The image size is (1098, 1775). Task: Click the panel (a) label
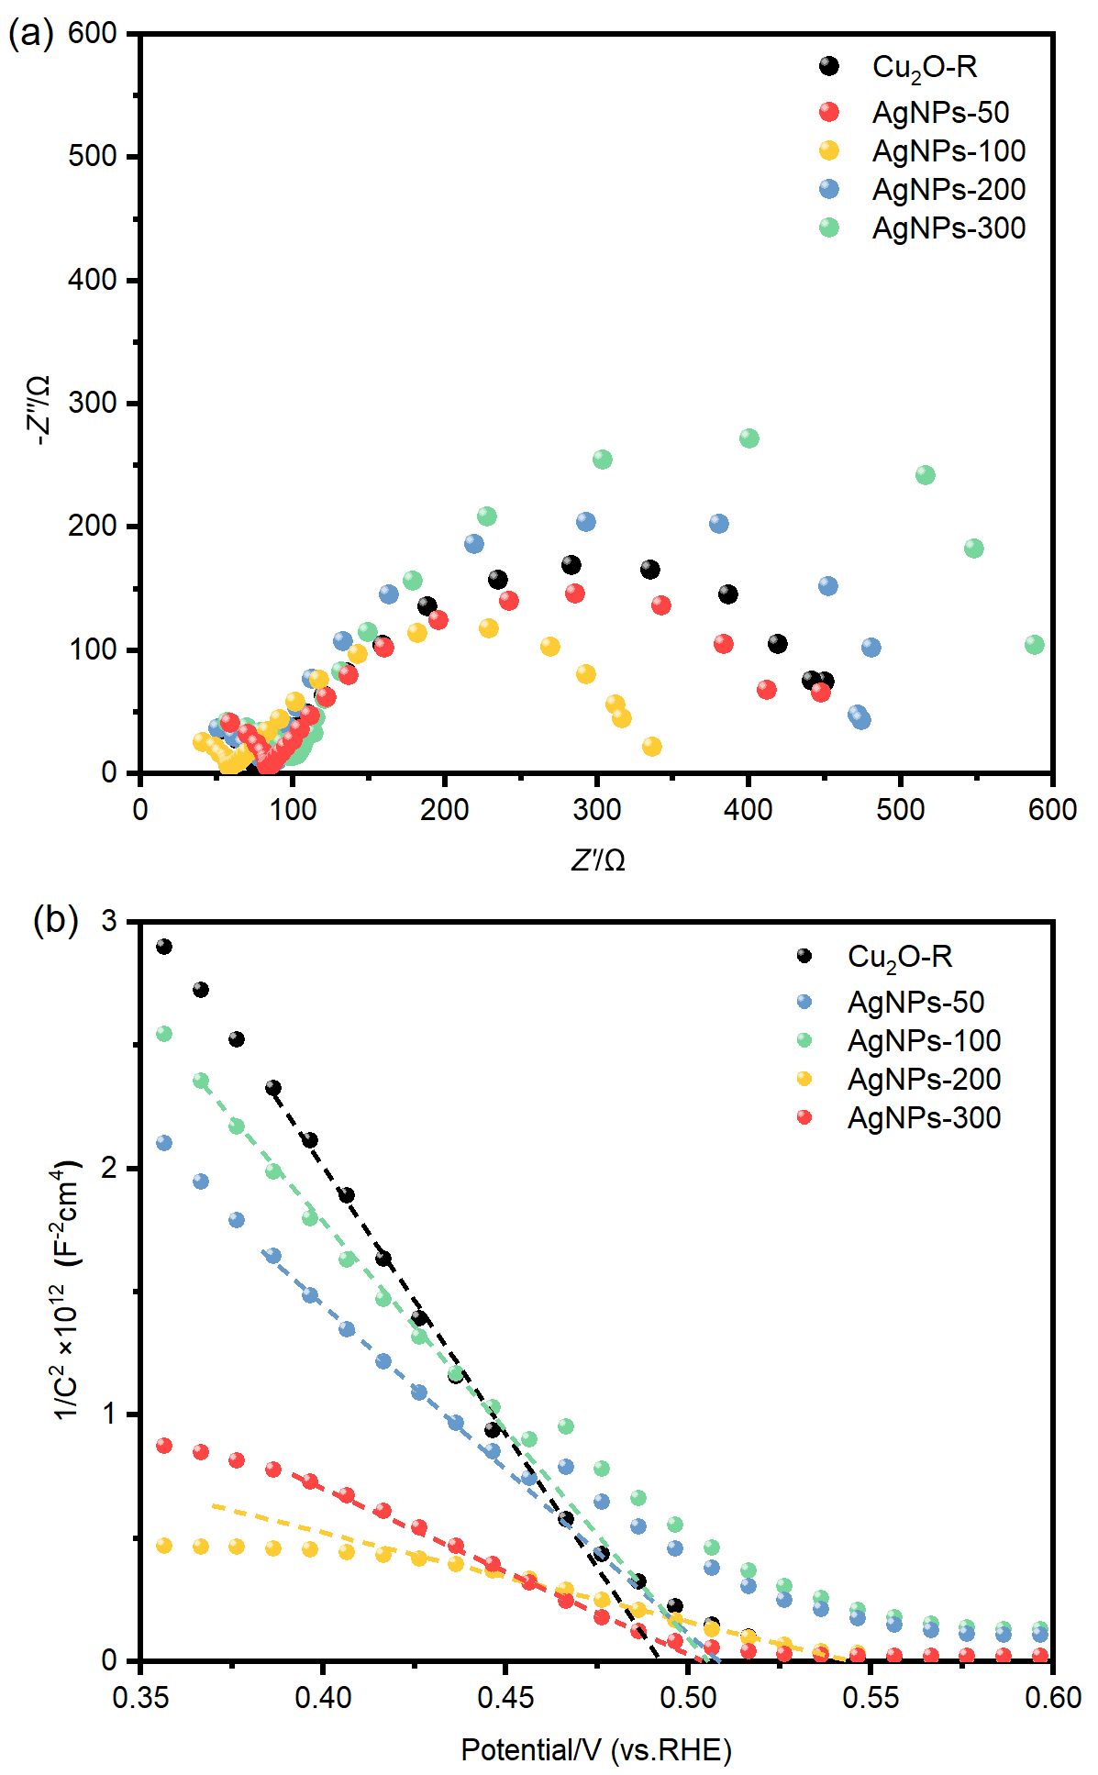pyautogui.click(x=30, y=35)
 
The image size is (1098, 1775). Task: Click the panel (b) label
pyautogui.click(x=55, y=919)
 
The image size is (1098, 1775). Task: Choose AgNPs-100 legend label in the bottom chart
pyautogui.click(x=924, y=1040)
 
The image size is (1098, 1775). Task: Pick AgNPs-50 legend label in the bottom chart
pyautogui.click(x=915, y=1002)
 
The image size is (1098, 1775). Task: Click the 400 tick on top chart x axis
pyautogui.click(x=749, y=809)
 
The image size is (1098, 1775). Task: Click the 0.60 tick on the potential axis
pyautogui.click(x=1052, y=1697)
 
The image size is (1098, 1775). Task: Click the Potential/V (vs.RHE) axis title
pyautogui.click(x=596, y=1750)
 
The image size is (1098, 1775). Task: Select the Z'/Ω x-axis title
pyautogui.click(x=598, y=860)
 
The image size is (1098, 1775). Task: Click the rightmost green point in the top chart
pyautogui.click(x=1035, y=645)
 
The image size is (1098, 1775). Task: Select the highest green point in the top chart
pyautogui.click(x=749, y=438)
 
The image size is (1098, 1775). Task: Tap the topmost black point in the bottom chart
pyautogui.click(x=164, y=947)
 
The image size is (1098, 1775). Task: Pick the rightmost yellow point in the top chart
pyautogui.click(x=652, y=747)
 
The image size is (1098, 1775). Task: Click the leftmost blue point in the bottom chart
pyautogui.click(x=164, y=1143)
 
